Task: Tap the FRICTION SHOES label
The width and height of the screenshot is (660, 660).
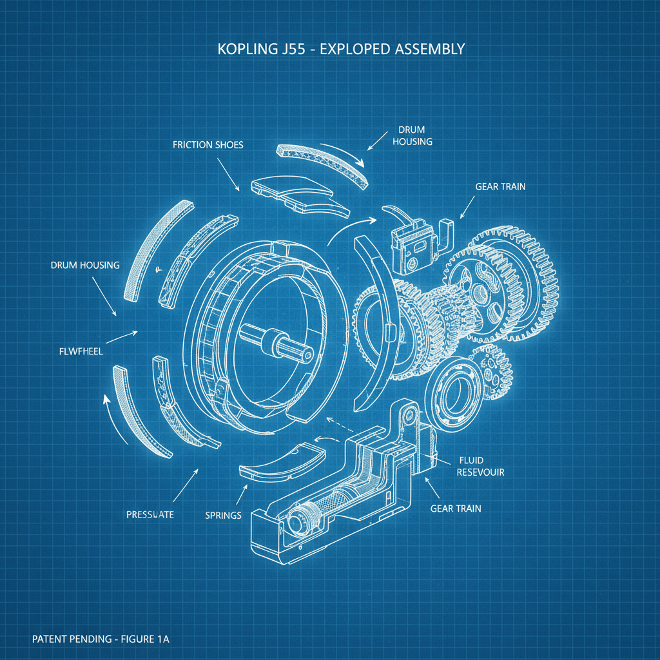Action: pyautogui.click(x=208, y=145)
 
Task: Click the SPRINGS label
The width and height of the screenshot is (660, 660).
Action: pyautogui.click(x=223, y=515)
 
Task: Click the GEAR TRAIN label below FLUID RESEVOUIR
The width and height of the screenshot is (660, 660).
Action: pyautogui.click(x=455, y=509)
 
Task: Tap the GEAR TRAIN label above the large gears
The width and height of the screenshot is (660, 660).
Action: pyautogui.click(x=500, y=186)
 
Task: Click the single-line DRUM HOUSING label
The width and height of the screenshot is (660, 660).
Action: pyautogui.click(x=84, y=266)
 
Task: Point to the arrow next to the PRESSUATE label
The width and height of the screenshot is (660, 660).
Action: pyautogui.click(x=186, y=483)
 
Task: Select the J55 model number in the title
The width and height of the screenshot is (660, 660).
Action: pyautogui.click(x=295, y=50)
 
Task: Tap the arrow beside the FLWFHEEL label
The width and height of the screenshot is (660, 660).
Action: pyautogui.click(x=122, y=336)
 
